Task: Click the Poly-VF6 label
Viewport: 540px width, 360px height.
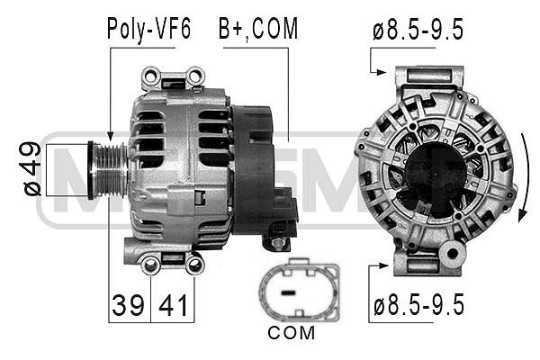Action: [148, 29]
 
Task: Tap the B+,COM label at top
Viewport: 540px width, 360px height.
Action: [258, 30]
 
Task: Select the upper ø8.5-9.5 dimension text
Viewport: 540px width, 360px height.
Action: [418, 30]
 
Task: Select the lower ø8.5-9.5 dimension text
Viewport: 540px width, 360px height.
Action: [418, 304]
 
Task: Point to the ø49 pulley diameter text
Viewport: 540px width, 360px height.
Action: [31, 169]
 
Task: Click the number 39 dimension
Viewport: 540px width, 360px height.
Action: [128, 305]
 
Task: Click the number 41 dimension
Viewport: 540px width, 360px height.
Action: [173, 305]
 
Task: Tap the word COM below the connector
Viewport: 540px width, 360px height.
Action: [291, 333]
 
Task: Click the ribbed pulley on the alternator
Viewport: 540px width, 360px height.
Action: [108, 170]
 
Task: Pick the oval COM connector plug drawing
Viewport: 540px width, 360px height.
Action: [299, 290]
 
